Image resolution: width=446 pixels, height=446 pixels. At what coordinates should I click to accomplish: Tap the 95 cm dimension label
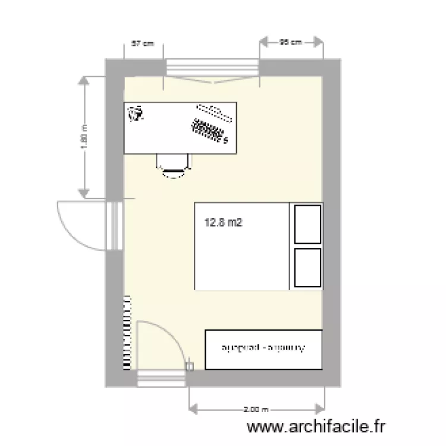click(x=291, y=42)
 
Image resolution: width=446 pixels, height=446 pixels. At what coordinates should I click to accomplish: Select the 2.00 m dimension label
click(x=257, y=409)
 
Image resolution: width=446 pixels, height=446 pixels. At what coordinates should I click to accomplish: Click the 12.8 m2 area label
click(x=224, y=224)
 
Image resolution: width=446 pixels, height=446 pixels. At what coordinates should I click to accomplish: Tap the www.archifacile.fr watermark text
click(x=317, y=426)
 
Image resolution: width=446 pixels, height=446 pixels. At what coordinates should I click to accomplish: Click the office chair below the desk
click(x=174, y=165)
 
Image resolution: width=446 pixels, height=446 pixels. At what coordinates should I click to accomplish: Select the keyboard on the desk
click(x=210, y=131)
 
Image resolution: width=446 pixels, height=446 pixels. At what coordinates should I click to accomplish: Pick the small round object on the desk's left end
click(x=137, y=113)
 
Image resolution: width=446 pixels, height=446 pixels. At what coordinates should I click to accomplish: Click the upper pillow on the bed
click(x=308, y=224)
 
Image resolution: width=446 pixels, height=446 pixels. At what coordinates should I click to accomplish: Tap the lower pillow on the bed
click(x=308, y=268)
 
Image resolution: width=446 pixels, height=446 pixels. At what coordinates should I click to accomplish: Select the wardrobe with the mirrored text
click(x=263, y=349)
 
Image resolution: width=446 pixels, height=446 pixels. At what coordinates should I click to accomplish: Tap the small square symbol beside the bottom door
click(x=190, y=367)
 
